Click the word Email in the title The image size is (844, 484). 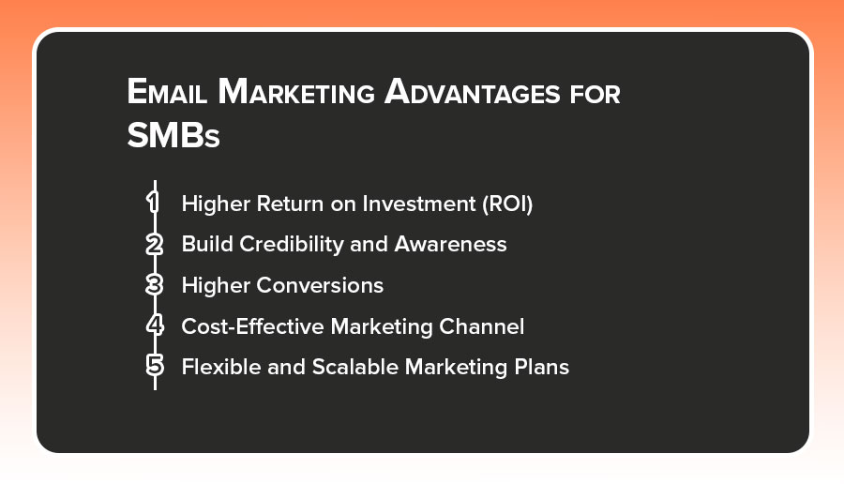click(x=167, y=92)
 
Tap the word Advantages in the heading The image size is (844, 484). click(x=472, y=92)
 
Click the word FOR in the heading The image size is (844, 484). click(x=595, y=95)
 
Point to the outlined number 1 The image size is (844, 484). click(x=154, y=203)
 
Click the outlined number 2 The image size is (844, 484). click(x=155, y=244)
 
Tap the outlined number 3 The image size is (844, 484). click(x=155, y=285)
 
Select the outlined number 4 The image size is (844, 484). click(x=155, y=325)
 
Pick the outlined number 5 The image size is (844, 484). click(x=155, y=366)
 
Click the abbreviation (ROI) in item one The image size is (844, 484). click(x=507, y=204)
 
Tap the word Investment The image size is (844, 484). click(x=419, y=204)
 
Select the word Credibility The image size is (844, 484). click(x=292, y=245)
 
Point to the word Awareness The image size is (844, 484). click(x=450, y=245)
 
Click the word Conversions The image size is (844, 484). click(x=320, y=285)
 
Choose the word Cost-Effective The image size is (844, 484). click(x=252, y=326)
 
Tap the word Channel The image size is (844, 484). click(x=481, y=326)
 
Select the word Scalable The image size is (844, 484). click(x=355, y=367)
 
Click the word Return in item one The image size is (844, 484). click(x=290, y=204)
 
